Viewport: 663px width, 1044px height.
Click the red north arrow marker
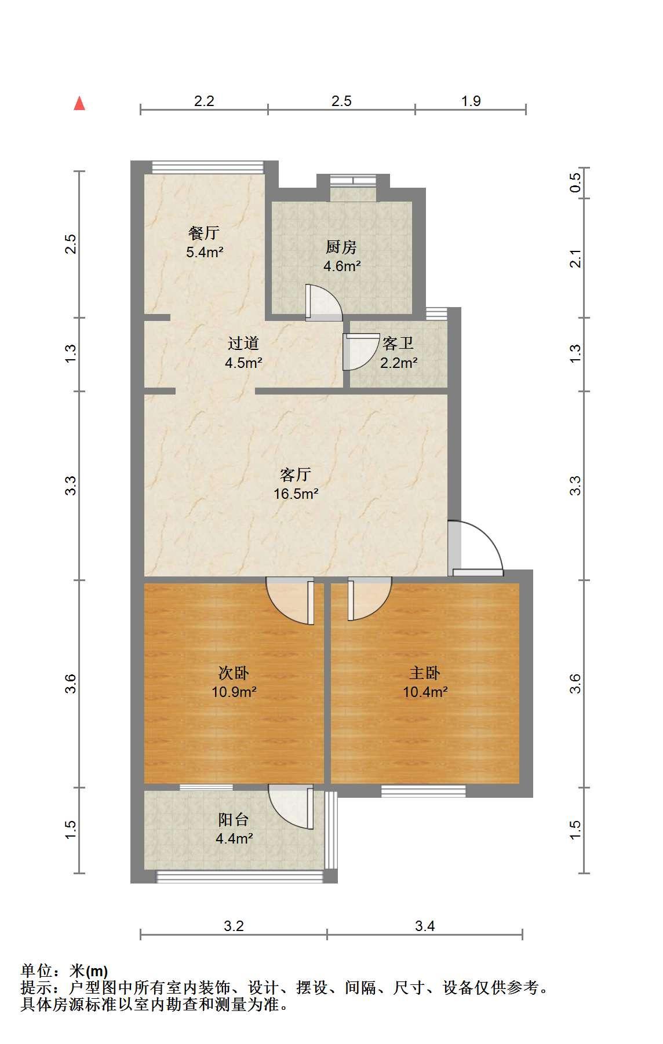click(79, 103)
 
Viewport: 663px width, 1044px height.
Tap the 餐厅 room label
click(204, 233)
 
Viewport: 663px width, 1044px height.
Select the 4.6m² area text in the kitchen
click(342, 267)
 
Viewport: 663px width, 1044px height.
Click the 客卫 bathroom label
click(398, 343)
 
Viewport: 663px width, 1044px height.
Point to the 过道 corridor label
click(243, 343)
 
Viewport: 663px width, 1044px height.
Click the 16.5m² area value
click(296, 494)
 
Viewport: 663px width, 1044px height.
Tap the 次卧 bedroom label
click(234, 673)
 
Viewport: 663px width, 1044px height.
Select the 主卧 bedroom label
click(425, 673)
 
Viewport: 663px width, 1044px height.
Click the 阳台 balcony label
click(234, 820)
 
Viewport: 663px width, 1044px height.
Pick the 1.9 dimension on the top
click(471, 101)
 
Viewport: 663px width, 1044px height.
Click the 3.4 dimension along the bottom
click(425, 926)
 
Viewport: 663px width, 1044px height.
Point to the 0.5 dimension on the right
click(575, 184)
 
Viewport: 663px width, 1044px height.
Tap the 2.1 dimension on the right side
click(575, 258)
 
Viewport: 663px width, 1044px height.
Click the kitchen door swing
click(323, 302)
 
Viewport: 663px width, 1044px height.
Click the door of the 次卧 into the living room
click(290, 601)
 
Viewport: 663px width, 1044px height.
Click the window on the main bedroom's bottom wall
click(424, 791)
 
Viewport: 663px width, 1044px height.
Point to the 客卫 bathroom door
click(357, 352)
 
